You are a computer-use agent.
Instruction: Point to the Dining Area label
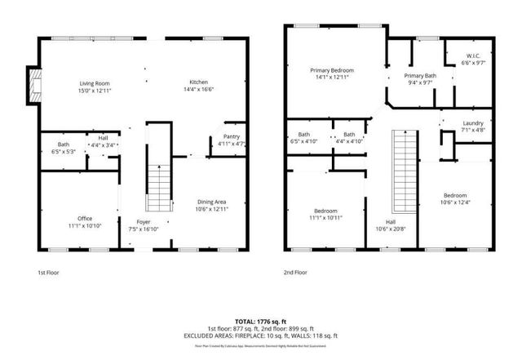click(x=211, y=205)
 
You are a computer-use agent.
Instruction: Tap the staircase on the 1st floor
click(x=157, y=187)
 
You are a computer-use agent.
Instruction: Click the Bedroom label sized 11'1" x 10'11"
click(x=324, y=215)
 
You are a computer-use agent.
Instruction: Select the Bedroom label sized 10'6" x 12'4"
click(x=455, y=198)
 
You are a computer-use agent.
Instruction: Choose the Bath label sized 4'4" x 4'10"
click(x=348, y=138)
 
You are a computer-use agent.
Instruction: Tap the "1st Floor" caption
click(x=49, y=271)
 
